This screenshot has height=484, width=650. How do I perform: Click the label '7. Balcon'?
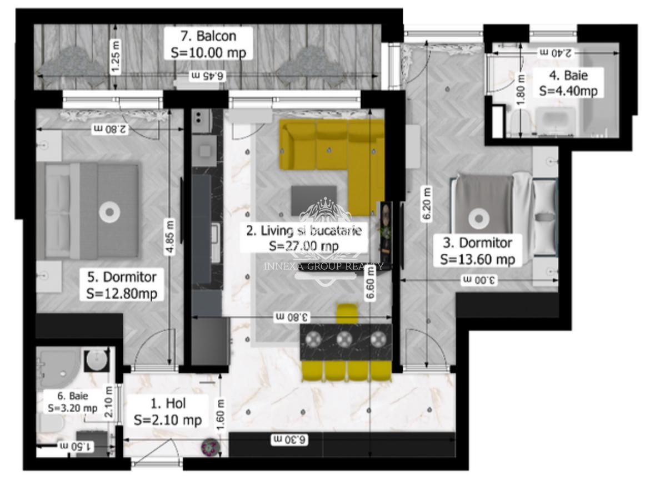[208, 37]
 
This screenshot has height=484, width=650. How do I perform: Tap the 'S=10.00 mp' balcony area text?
[208, 52]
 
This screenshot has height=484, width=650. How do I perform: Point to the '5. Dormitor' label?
[122, 276]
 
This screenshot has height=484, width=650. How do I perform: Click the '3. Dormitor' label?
[477, 243]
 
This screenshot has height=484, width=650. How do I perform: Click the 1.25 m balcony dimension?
[115, 56]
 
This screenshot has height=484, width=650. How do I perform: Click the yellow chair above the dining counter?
[348, 313]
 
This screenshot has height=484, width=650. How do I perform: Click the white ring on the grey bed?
[109, 211]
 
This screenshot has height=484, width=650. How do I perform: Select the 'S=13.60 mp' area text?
[477, 259]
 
